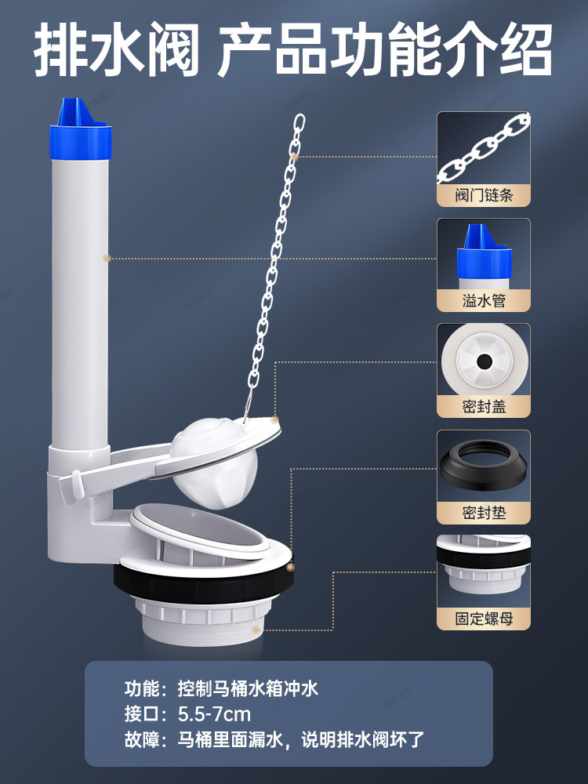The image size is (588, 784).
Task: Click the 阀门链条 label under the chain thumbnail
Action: coord(484,195)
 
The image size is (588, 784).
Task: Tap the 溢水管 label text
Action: coord(484,300)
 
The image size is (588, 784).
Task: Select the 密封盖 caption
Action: coord(484,406)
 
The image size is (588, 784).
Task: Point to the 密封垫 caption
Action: coord(484,513)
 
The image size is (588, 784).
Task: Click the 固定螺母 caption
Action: coord(484,619)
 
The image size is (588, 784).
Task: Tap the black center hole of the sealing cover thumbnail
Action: coord(484,361)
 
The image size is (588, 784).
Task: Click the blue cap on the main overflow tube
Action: coord(80,131)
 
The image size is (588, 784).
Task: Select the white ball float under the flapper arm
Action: coord(214,463)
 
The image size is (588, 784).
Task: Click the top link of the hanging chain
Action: coord(299,122)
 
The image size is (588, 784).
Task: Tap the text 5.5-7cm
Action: coord(214,714)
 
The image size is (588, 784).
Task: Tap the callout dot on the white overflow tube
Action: coord(107,259)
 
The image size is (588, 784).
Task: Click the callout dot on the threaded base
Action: coord(256,630)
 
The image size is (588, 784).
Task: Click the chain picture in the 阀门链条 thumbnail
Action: coord(484,148)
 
